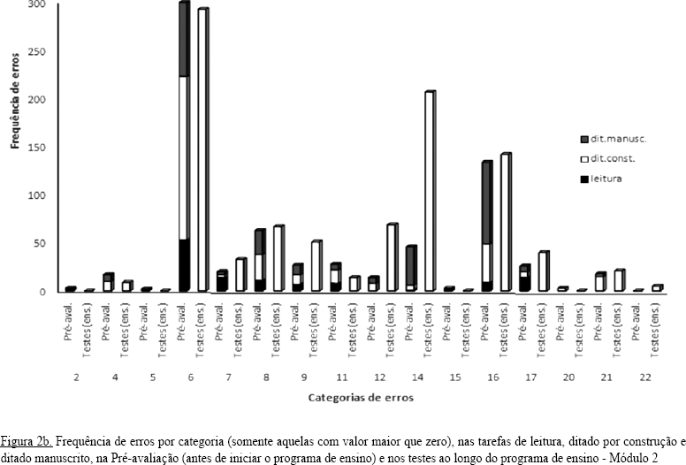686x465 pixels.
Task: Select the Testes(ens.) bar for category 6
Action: click(x=202, y=150)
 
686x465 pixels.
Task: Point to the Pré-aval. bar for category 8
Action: click(x=259, y=261)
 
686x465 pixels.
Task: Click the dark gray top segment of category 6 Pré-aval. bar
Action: click(x=184, y=40)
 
